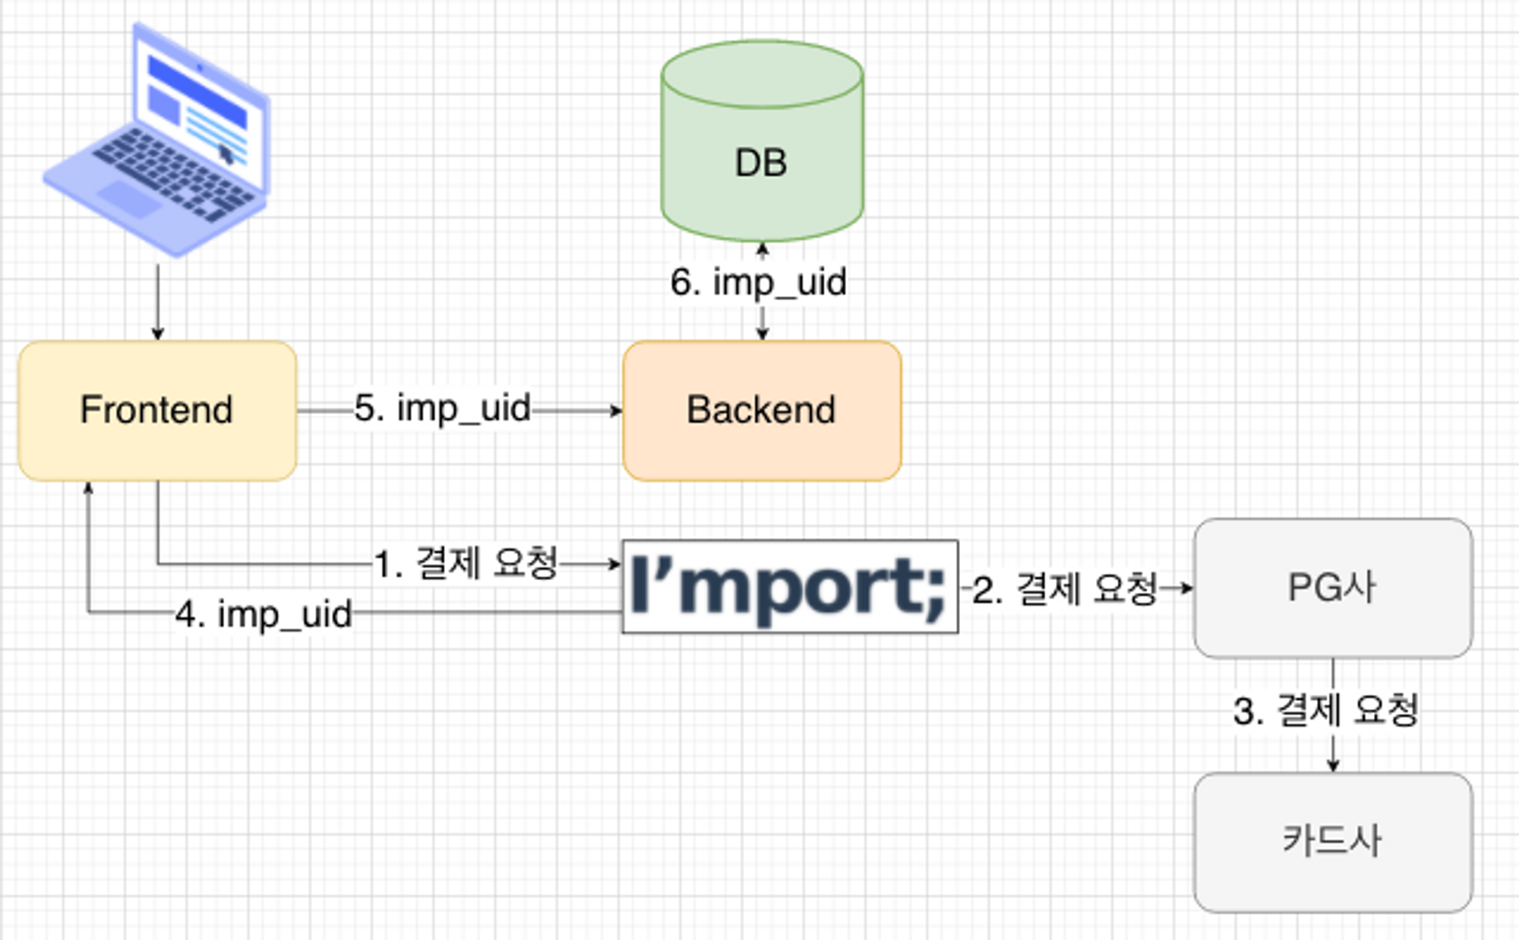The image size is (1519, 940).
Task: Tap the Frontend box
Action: [157, 410]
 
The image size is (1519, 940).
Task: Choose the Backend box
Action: [762, 410]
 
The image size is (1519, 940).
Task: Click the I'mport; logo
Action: [790, 586]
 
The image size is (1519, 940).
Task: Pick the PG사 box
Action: [1333, 588]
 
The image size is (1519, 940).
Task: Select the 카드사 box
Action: [1333, 841]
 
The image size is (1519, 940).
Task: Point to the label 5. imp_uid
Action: [443, 408]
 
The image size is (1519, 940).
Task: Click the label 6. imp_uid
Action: [758, 282]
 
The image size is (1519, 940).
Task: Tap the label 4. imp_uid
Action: [264, 614]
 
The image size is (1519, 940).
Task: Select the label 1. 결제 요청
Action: [466, 563]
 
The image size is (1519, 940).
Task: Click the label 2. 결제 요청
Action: [1065, 589]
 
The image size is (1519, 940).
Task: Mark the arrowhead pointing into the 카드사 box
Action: [1333, 765]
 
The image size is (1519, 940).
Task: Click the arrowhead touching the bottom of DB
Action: [763, 249]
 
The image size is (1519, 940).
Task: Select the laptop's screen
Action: [199, 106]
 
